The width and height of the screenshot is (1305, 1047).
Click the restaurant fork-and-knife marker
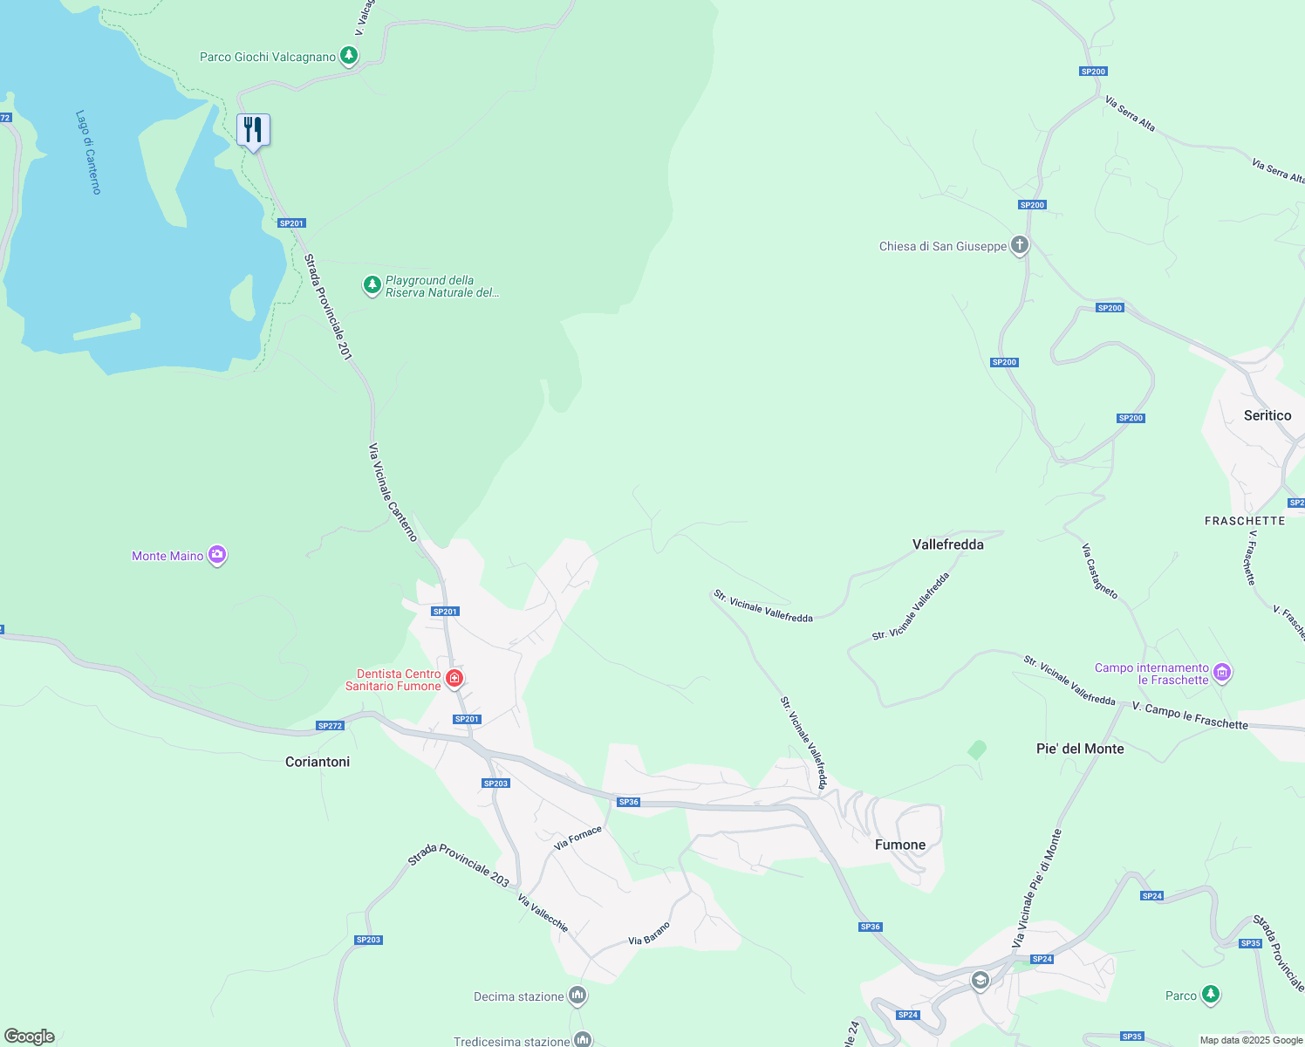[253, 130]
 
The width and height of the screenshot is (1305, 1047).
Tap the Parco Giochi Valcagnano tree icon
[349, 56]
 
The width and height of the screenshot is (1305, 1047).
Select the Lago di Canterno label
[88, 152]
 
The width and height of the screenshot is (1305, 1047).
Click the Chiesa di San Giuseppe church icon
[1020, 245]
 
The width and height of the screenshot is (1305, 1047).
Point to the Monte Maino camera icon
[217, 555]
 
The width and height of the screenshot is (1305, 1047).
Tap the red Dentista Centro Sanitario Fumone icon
[454, 678]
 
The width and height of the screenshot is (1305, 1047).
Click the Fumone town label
[899, 845]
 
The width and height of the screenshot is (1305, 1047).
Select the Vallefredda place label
[947, 544]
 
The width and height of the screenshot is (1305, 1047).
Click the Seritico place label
[1267, 415]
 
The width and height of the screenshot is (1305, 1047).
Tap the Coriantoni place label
[318, 762]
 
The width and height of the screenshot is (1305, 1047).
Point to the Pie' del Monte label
[1079, 749]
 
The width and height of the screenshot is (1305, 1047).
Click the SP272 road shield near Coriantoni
[330, 726]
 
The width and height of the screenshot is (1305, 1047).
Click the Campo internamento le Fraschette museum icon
[1222, 672]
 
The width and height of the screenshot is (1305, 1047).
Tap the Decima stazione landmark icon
[577, 996]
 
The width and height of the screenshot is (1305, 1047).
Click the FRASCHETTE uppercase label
[1244, 521]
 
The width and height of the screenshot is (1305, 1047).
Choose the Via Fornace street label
[577, 838]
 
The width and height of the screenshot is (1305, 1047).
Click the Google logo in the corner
[30, 1037]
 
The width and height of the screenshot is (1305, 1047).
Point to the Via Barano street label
[649, 934]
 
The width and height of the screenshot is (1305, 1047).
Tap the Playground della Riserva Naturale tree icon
[372, 284]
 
